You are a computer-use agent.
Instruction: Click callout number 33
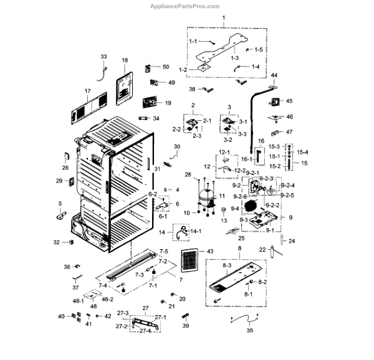103,57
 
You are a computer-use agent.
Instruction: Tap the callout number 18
124,61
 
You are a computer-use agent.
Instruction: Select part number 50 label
165,67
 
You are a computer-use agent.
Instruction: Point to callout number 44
274,75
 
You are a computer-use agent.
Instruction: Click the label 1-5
259,49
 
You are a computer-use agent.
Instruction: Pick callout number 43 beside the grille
209,251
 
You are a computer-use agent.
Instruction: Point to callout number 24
290,240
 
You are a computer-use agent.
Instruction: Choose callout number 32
56,242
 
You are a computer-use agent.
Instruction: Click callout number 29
59,181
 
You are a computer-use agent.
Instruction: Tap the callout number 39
185,326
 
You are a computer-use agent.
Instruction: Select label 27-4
145,331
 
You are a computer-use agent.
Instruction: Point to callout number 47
289,132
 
